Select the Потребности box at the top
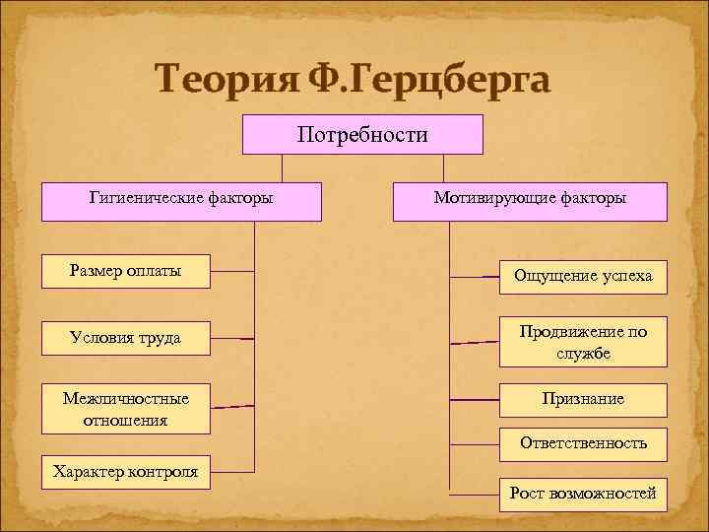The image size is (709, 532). point(362,134)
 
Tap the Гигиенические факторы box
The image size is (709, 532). point(181,200)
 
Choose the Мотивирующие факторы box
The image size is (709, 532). point(530,200)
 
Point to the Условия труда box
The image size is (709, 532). point(126,338)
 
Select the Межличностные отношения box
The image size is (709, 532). point(126,408)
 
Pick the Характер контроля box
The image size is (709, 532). point(126,472)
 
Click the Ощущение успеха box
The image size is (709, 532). point(582,276)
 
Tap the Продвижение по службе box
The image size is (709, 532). point(582,341)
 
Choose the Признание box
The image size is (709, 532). point(582,400)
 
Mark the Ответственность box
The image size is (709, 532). point(582,443)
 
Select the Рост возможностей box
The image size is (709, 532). point(582,493)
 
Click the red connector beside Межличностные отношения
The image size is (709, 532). point(232,406)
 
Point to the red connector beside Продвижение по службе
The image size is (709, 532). point(475,342)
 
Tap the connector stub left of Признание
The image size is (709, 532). point(475,400)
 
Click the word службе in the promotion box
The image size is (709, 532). point(582,352)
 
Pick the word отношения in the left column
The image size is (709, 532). point(126,419)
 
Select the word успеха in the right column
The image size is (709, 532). point(624,276)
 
